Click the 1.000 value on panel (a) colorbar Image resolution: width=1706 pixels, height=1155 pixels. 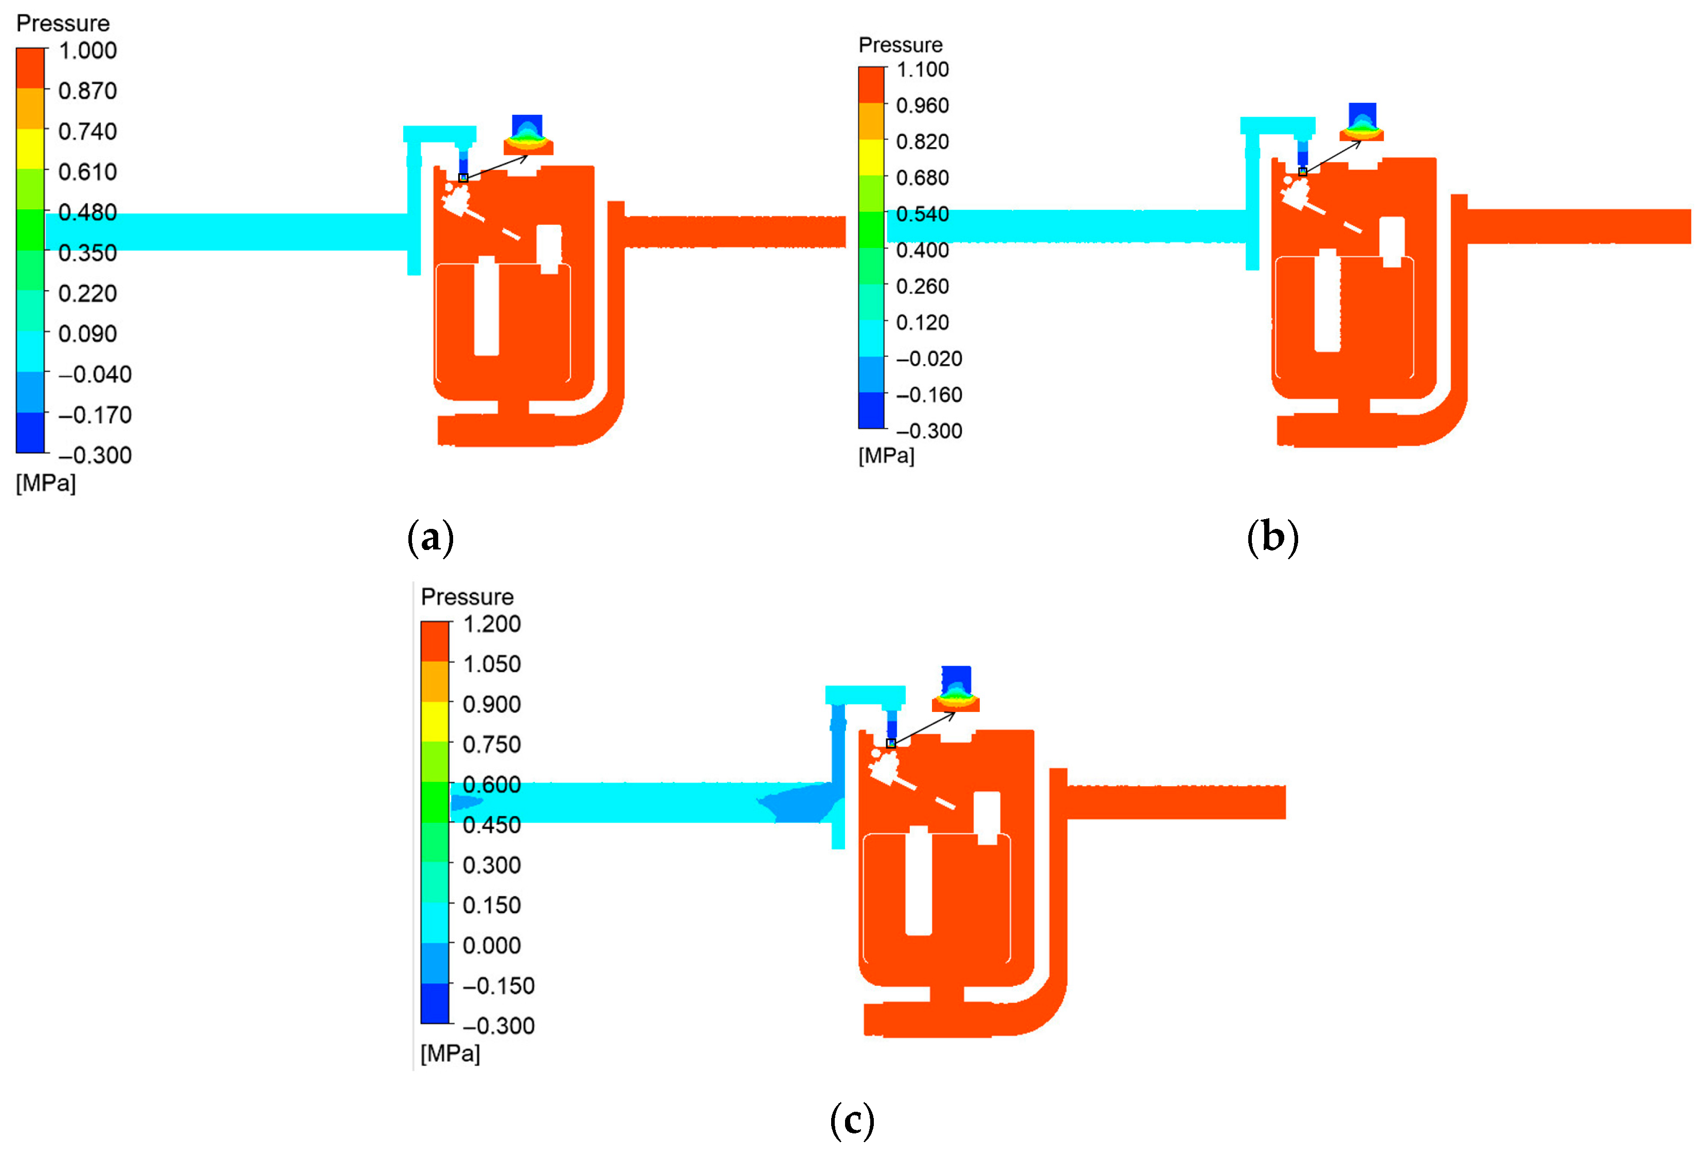coord(87,50)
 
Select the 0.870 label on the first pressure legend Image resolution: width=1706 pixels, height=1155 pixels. coord(87,91)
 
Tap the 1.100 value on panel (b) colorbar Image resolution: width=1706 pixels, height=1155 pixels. coord(922,70)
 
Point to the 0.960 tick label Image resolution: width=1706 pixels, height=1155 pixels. coord(922,106)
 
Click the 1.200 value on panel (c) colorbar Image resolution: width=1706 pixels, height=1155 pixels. coord(491,624)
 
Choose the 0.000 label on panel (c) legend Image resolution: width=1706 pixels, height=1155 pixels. coord(491,945)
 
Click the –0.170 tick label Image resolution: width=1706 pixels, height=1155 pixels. coord(95,415)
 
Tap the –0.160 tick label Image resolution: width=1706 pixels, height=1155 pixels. coord(929,395)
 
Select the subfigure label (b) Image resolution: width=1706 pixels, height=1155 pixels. coord(1272,538)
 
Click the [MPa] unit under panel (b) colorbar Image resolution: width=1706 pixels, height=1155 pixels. coord(886,456)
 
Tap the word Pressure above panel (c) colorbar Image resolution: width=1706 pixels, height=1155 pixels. coord(467,597)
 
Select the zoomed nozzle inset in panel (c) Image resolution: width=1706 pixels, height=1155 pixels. coord(956,690)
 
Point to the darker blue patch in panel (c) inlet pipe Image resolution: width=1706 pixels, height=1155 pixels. coord(800,803)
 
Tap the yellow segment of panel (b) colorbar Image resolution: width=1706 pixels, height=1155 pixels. coord(871,157)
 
